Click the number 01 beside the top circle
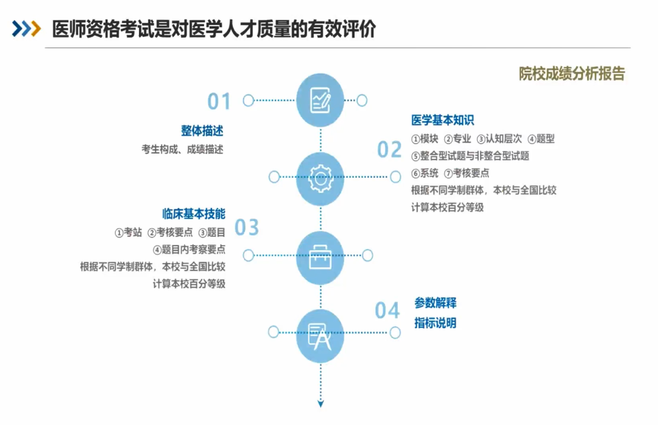[219, 101]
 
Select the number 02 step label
[389, 149]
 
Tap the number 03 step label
[246, 227]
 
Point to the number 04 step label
[387, 311]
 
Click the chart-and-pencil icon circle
[320, 100]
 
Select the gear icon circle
[320, 179]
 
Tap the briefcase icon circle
[320, 257]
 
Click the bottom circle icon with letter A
[320, 336]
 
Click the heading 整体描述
[202, 131]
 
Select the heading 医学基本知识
[443, 121]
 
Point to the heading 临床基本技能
[194, 214]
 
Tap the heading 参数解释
[436, 303]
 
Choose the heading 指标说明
[436, 323]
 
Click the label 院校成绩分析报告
[572, 74]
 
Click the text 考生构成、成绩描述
[183, 149]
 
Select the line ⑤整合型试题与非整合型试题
[470, 156]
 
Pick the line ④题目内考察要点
[189, 250]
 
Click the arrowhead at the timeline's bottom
[320, 404]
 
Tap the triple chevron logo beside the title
[26, 29]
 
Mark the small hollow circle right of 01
[362, 100]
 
